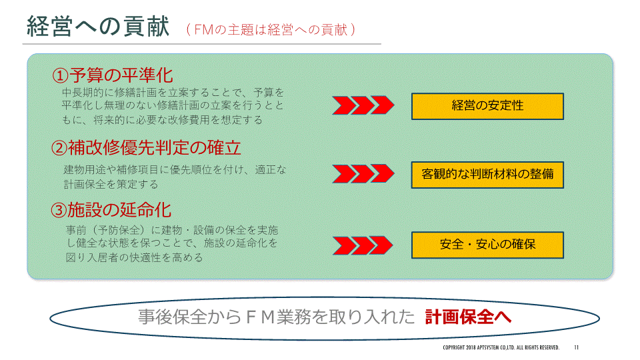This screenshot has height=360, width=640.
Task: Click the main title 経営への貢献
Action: tap(98, 26)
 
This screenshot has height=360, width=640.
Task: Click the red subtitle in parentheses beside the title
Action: tap(271, 30)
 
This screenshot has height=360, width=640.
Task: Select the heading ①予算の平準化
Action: tap(113, 75)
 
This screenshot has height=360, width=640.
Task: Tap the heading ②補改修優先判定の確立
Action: tap(146, 147)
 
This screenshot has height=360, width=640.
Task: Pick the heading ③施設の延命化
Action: tap(111, 210)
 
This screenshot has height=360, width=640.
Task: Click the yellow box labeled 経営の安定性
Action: tap(487, 106)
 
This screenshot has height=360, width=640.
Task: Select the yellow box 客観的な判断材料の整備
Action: tap(487, 175)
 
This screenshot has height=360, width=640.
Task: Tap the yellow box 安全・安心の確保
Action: tap(487, 245)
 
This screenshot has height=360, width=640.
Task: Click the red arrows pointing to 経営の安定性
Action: tap(363, 105)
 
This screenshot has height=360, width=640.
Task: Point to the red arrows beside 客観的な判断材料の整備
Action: tap(363, 173)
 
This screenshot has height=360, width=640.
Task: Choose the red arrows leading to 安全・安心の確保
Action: tap(363, 245)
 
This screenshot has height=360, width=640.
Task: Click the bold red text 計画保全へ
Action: tap(468, 317)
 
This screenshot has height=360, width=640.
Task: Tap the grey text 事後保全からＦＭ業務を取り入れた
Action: tap(276, 317)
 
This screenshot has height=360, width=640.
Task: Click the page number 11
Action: tap(576, 347)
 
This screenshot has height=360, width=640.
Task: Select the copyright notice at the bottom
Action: tap(501, 347)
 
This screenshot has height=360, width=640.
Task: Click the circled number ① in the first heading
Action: tap(60, 75)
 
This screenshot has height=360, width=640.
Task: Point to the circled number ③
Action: tap(59, 210)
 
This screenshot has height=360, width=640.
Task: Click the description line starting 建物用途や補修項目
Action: tap(175, 169)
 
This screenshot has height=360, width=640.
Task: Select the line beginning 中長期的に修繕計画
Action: tap(173, 92)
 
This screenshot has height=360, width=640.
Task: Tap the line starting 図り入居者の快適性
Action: tap(134, 257)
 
